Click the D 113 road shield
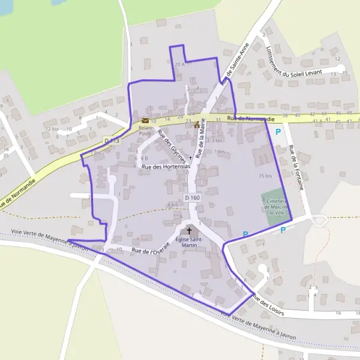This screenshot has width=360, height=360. (112, 140)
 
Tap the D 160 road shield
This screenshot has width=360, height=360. (192, 197)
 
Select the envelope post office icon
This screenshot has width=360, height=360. (145, 120)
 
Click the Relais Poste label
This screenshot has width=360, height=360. (146, 130)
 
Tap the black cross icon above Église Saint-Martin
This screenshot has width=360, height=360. (190, 230)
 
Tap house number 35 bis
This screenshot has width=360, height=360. (265, 176)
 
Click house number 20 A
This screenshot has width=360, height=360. (178, 64)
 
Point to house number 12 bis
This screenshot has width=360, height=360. (52, 128)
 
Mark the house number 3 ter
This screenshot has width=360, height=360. (215, 140)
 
